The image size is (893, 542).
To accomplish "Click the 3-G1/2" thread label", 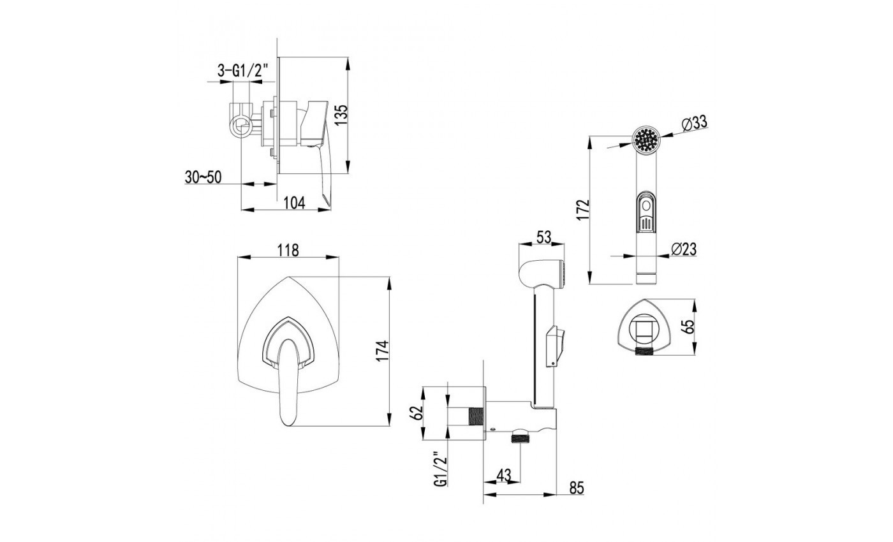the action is coord(243,71).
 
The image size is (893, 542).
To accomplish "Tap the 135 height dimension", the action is coord(341,115).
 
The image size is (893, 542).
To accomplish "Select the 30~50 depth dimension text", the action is coord(203,177).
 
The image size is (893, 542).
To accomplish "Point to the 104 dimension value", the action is coord(294,203).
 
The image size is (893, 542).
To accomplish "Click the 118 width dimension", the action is coord(288,250).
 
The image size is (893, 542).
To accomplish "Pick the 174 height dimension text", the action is coord(382,351).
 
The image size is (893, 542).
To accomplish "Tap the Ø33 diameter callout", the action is coord(694,124).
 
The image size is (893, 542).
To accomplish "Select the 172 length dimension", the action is coord(583,210).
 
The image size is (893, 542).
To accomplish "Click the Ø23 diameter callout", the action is coord(684,249).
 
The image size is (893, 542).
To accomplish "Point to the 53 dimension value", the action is coord(543,237).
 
